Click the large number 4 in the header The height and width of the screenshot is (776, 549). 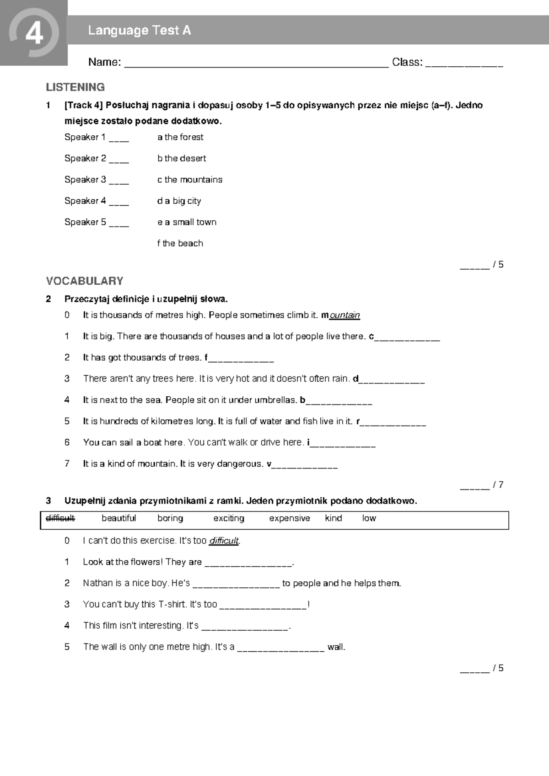click(34, 33)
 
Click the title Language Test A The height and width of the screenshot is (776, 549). click(140, 31)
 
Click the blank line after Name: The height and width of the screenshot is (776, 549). click(256, 64)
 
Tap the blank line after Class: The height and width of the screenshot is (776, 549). click(464, 64)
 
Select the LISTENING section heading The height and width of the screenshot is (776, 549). click(75, 87)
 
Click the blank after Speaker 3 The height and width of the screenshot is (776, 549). click(119, 181)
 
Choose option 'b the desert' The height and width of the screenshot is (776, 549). click(182, 159)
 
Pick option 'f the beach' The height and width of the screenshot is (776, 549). click(180, 244)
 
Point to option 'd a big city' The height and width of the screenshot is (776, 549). click(179, 201)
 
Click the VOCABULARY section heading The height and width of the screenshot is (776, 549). click(85, 281)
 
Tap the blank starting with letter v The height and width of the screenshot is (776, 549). click(305, 466)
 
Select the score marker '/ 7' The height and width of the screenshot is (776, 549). click(498, 485)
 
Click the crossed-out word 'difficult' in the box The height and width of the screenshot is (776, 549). click(60, 518)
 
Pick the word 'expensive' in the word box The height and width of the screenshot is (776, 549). click(289, 518)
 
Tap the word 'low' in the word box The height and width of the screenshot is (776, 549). click(369, 518)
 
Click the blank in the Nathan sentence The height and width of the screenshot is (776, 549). click(236, 585)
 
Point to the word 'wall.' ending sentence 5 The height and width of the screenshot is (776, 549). click(336, 647)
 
